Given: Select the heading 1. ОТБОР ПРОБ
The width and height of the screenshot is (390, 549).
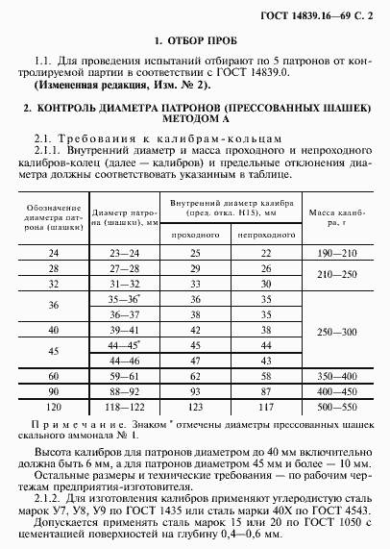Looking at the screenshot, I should coord(194,42).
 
